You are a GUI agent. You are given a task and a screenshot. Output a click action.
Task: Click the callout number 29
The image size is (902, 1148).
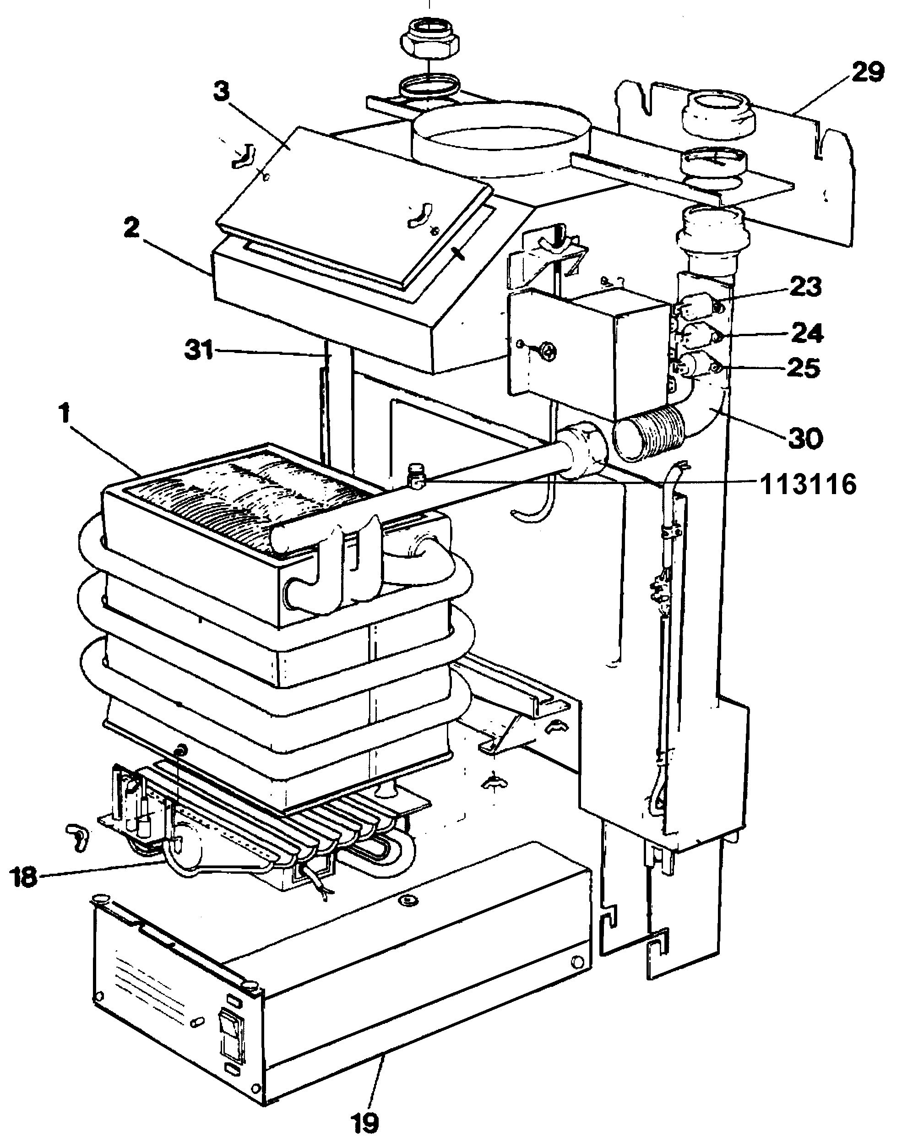click(867, 72)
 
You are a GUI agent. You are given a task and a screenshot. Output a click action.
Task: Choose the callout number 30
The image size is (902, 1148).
click(805, 438)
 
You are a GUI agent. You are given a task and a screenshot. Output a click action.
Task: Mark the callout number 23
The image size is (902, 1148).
click(806, 288)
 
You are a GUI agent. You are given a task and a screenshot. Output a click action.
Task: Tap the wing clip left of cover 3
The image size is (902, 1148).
click(244, 156)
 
